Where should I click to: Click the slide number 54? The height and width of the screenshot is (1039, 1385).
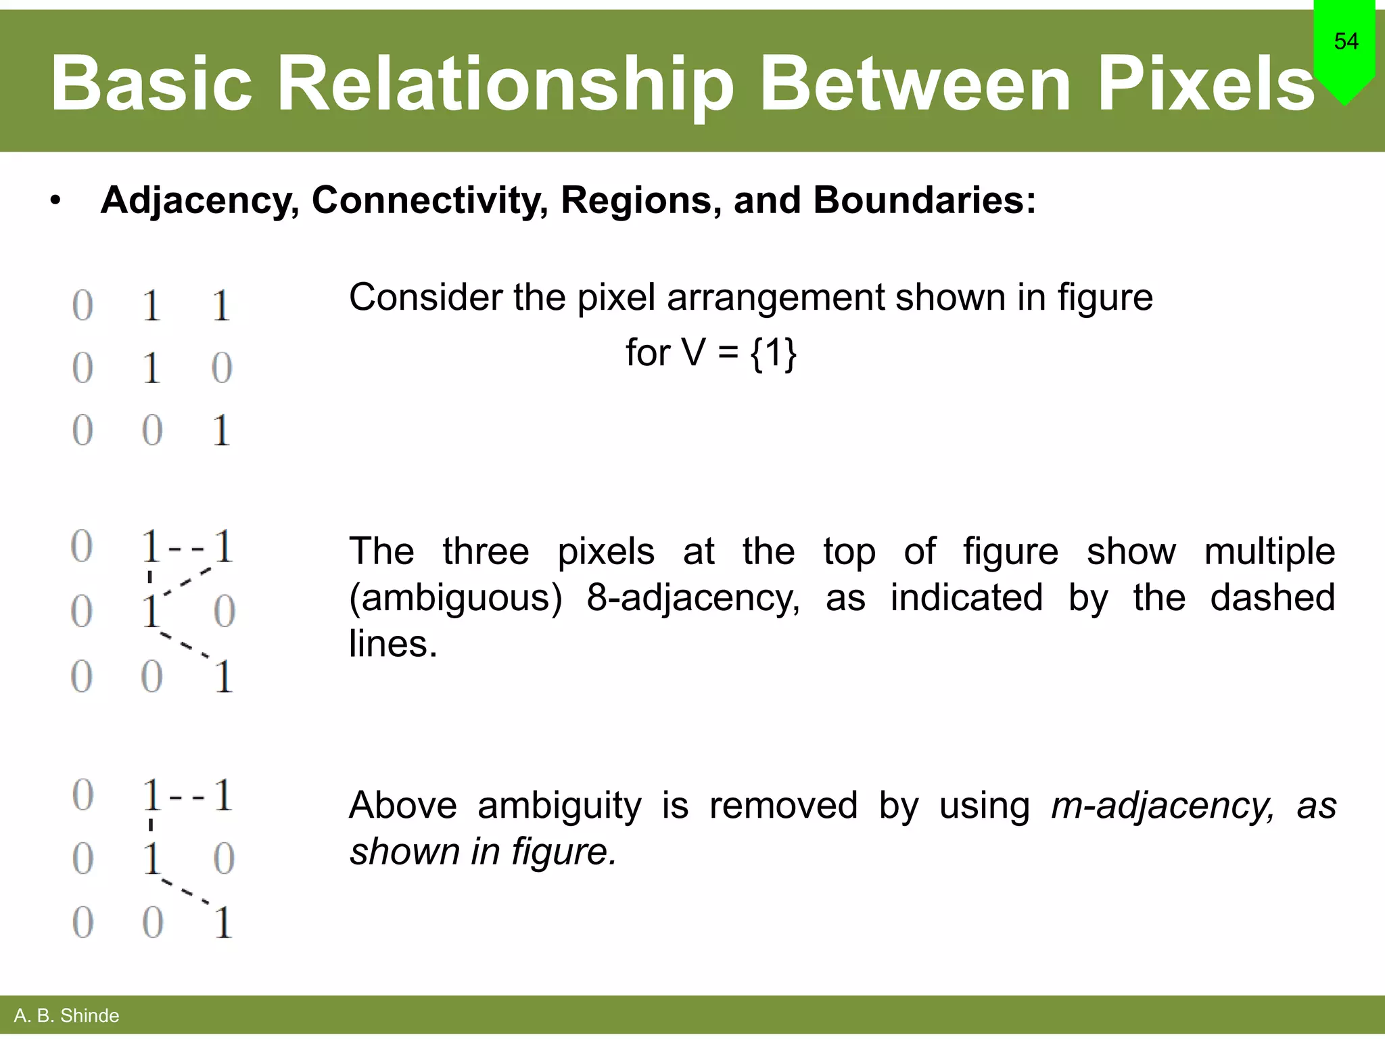coord(1346,41)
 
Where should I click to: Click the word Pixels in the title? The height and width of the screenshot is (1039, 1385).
coord(1205,85)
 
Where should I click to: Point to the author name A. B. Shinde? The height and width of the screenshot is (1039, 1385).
coord(66,1015)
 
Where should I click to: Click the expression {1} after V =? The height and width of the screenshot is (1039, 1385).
coord(774,352)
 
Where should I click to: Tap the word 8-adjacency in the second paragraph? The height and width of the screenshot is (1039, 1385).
coord(693,597)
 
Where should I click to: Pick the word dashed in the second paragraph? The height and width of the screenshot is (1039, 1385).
coord(1272,597)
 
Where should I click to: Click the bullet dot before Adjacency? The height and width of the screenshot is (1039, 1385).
coord(55,201)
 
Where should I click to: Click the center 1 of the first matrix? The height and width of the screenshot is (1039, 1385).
coord(151,369)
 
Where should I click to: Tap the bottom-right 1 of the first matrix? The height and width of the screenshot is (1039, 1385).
coord(221,431)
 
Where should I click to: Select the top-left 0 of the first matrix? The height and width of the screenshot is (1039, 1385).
coord(83,306)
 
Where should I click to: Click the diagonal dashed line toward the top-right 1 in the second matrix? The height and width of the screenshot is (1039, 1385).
coord(187,581)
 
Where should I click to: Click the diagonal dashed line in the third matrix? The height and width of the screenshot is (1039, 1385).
coord(185,892)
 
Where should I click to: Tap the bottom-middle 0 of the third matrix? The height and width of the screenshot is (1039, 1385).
coord(152,923)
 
